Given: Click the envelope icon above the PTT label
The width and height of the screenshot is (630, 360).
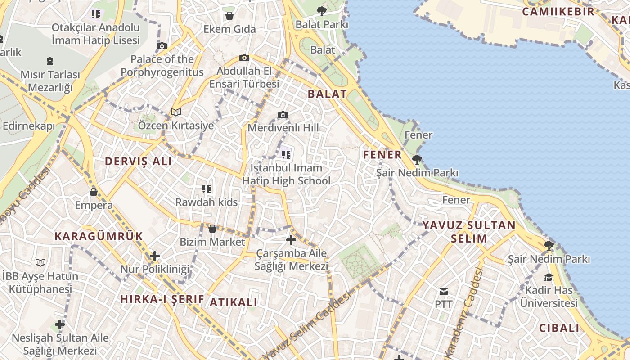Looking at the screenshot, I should pyautogui.click(x=444, y=292).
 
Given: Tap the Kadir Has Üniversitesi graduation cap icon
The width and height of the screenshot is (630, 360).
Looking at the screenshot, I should pyautogui.click(x=549, y=277).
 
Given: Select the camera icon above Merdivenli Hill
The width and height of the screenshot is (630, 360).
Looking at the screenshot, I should pyautogui.click(x=283, y=115).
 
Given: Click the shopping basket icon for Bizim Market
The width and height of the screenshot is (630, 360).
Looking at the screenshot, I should pyautogui.click(x=212, y=229).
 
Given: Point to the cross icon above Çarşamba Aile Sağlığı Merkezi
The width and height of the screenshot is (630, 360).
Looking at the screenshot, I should pyautogui.click(x=291, y=240).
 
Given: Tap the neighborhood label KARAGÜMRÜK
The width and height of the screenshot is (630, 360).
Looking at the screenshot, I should pyautogui.click(x=99, y=236).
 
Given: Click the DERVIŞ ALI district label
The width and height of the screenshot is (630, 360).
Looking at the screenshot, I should pyautogui.click(x=138, y=162).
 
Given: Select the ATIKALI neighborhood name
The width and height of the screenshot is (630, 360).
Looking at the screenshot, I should pyautogui.click(x=234, y=302).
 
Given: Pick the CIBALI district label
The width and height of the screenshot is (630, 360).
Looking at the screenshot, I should pyautogui.click(x=559, y=328).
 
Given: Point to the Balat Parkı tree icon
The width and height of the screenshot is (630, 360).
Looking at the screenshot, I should pyautogui.click(x=321, y=11).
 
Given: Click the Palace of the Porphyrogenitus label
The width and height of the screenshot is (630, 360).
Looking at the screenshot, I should pyautogui.click(x=162, y=66).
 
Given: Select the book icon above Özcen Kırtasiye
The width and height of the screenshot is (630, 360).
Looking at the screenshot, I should pyautogui.click(x=175, y=112).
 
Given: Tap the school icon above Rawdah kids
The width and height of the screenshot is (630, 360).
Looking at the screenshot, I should pyautogui.click(x=207, y=189).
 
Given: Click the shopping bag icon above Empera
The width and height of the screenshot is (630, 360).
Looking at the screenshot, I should pyautogui.click(x=94, y=192).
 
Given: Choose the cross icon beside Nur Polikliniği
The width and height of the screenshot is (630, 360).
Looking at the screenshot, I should pyautogui.click(x=155, y=256).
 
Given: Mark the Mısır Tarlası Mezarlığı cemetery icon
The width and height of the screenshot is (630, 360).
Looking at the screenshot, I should pyautogui.click(x=50, y=61).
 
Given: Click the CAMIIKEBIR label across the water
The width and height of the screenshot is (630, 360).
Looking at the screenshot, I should pyautogui.click(x=558, y=12).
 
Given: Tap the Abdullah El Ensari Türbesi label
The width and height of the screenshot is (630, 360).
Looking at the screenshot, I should pyautogui.click(x=244, y=77).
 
